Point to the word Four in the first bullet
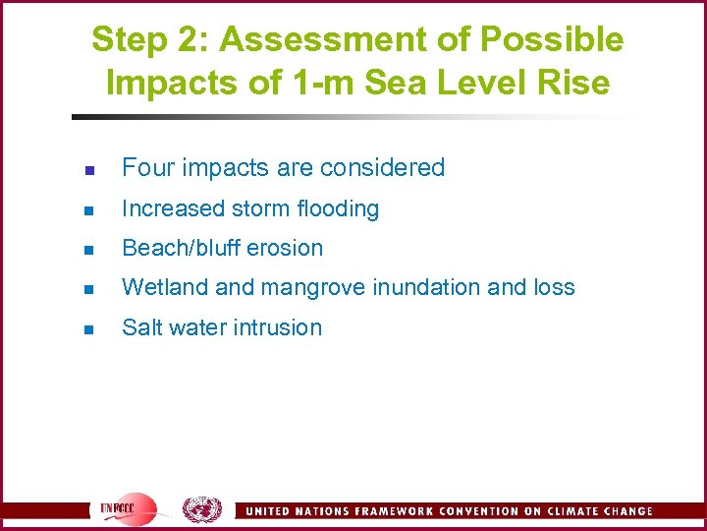pyautogui.click(x=143, y=168)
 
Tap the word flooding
pyautogui.click(x=340, y=208)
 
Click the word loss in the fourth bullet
pyautogui.click(x=555, y=287)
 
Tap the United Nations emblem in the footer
pyautogui.click(x=201, y=509)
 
